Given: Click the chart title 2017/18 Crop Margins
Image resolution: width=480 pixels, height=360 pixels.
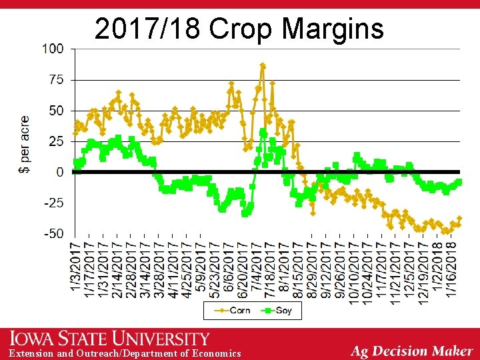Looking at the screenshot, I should click(x=239, y=29).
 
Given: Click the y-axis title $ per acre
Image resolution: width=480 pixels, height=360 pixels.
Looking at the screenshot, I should click(x=25, y=144).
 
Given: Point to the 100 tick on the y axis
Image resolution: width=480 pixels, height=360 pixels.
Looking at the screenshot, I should click(x=53, y=49).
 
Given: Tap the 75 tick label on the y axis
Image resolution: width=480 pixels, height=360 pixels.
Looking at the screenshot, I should click(x=56, y=79).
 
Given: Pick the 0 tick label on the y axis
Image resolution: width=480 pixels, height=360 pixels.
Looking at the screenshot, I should click(x=60, y=172).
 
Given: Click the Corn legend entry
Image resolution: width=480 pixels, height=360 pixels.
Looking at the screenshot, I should click(x=233, y=310).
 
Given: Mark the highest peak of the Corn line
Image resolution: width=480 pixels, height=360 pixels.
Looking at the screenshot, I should click(x=263, y=65).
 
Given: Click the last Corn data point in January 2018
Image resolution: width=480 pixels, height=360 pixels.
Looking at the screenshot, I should click(x=459, y=219).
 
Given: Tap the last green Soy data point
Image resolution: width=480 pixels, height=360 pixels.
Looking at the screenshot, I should click(x=459, y=182).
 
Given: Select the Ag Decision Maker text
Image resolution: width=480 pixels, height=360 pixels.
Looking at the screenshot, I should click(x=411, y=351).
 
